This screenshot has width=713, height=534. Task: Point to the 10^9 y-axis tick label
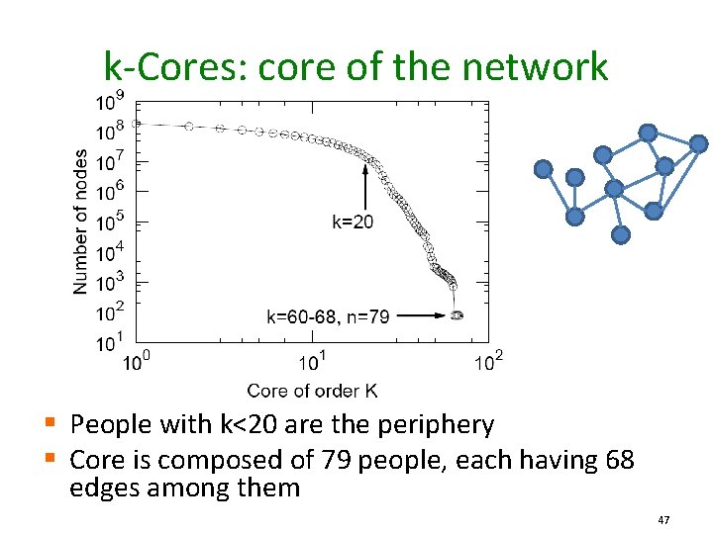(x=110, y=101)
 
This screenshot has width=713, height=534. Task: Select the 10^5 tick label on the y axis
(x=110, y=222)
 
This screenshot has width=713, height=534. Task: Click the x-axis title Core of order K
(x=312, y=391)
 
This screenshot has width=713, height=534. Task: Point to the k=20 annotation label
(x=353, y=222)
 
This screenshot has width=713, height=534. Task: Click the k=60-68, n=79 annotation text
(x=328, y=316)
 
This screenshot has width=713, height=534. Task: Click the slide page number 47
(x=664, y=519)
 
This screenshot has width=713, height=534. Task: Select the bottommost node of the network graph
(x=621, y=235)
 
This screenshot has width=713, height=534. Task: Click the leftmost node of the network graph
(x=543, y=169)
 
